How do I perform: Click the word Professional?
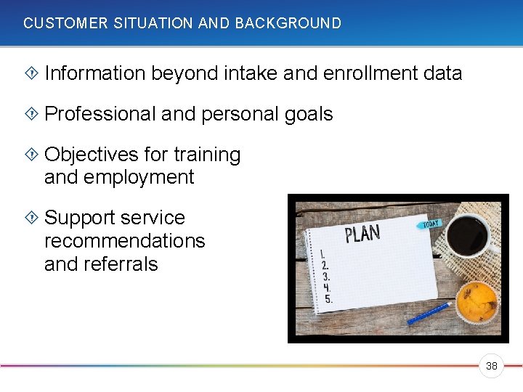click(100, 114)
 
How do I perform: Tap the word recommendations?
click(124, 241)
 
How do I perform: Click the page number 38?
click(492, 366)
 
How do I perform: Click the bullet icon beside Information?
click(31, 73)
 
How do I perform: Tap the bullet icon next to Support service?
click(31, 218)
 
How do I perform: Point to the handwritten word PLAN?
click(362, 234)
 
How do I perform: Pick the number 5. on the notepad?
click(328, 298)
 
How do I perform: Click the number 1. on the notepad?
click(322, 256)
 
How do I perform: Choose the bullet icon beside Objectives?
click(31, 155)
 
